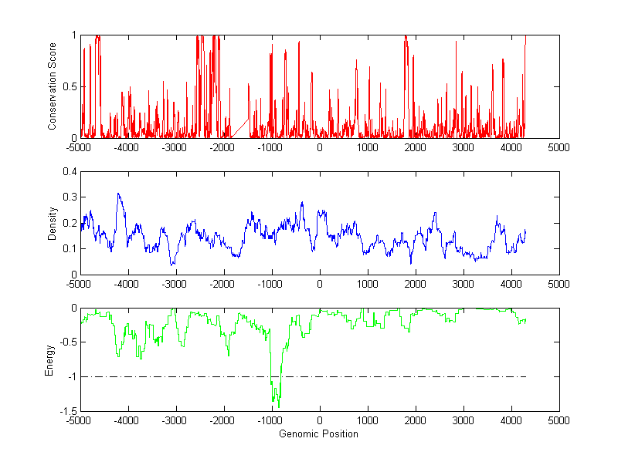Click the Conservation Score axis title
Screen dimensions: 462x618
pyautogui.click(x=52, y=86)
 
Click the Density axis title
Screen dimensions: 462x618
pyautogui.click(x=52, y=223)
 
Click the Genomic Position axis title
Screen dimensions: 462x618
pyautogui.click(x=318, y=434)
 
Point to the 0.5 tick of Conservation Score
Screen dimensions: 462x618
pyautogui.click(x=70, y=86)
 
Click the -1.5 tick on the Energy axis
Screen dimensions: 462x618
pyautogui.click(x=68, y=411)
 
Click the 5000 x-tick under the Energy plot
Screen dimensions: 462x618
pyautogui.click(x=559, y=420)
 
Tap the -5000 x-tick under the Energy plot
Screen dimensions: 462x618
pyautogui.click(x=78, y=420)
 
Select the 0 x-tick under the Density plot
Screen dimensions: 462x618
pyautogui.click(x=320, y=284)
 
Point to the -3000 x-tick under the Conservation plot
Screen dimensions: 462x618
pyautogui.click(x=175, y=147)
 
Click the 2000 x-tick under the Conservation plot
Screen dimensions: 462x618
pyautogui.click(x=415, y=147)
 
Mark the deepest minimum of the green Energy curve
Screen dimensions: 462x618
pyautogui.click(x=278, y=406)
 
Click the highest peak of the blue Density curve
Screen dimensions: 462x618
pyautogui.click(x=118, y=194)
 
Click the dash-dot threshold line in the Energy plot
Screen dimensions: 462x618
pyautogui.click(x=386, y=377)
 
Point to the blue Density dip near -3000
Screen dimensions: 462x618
pyautogui.click(x=171, y=265)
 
